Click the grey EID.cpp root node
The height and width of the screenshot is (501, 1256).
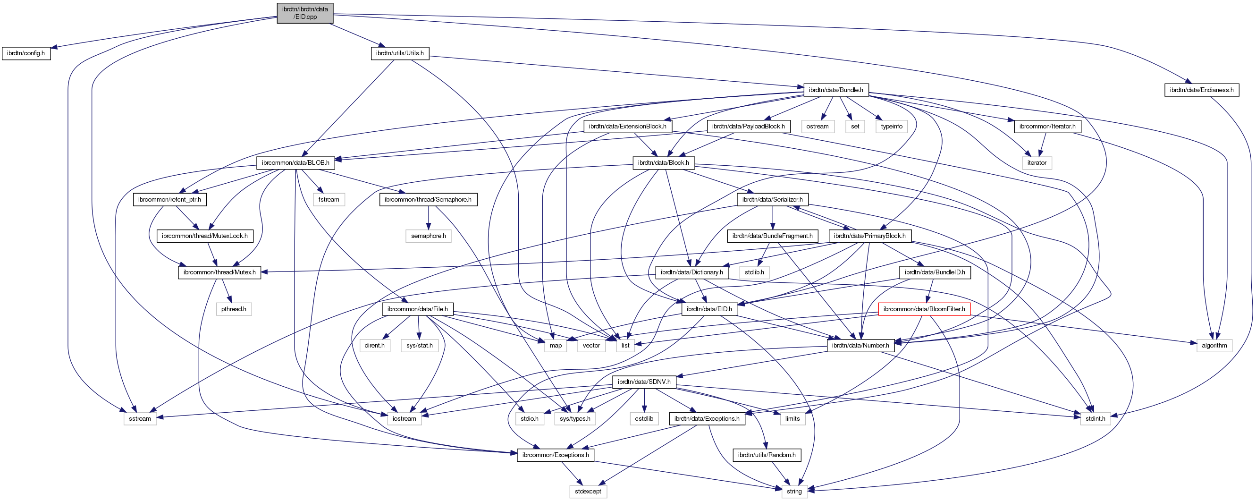click(305, 13)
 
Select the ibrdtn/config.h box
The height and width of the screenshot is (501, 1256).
click(26, 53)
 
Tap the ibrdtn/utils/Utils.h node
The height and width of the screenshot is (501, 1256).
click(400, 53)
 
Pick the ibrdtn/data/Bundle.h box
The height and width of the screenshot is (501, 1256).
click(835, 90)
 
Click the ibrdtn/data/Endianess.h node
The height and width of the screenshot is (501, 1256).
click(1201, 90)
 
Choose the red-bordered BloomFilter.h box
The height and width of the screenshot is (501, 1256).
click(924, 309)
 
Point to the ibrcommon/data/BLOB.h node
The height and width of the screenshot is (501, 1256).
click(295, 162)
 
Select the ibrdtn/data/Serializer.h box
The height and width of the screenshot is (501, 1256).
click(772, 199)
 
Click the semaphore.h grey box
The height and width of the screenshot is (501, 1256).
click(428, 236)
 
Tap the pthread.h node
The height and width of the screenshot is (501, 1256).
click(234, 309)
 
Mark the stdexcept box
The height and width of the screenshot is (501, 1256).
click(588, 491)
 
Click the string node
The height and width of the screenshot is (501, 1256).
click(794, 491)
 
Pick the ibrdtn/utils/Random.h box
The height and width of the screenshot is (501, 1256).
click(767, 455)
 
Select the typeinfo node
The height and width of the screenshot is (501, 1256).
click(891, 127)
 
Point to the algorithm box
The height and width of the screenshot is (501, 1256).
click(1214, 345)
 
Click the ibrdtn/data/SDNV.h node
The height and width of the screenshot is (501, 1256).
click(644, 382)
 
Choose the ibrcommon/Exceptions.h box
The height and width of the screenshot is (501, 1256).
click(556, 455)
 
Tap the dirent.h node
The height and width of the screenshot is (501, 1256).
click(374, 345)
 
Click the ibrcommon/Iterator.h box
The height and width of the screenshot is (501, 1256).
click(1047, 127)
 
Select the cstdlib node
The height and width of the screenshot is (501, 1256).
click(644, 418)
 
